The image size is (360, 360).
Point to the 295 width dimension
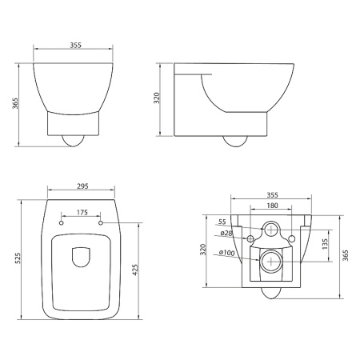(82, 187)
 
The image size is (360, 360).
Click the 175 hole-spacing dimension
(82, 213)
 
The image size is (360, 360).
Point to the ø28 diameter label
(226, 233)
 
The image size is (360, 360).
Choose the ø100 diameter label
(226, 254)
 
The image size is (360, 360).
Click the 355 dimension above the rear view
(272, 194)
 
